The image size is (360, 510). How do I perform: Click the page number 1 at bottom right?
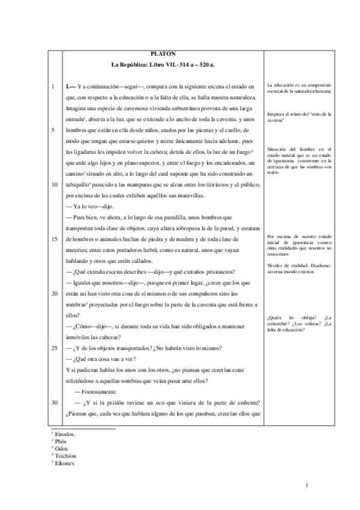[x=307, y=485]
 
